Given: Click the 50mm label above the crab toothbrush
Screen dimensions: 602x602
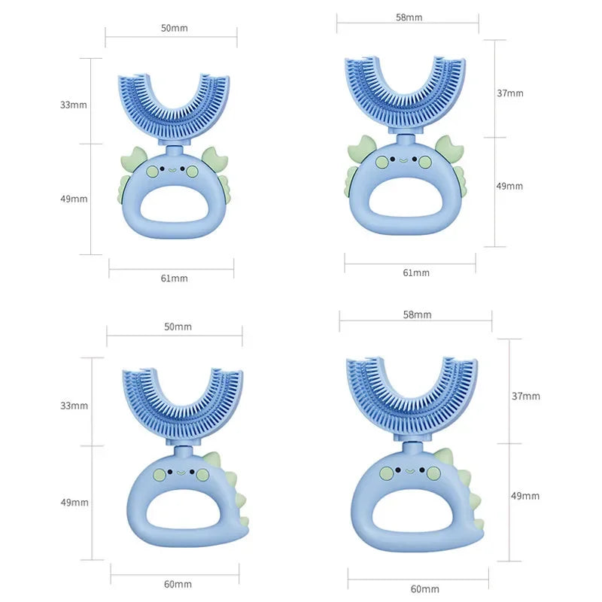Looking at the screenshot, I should [x=174, y=28].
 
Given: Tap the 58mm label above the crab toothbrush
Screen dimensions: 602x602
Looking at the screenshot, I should [x=409, y=17].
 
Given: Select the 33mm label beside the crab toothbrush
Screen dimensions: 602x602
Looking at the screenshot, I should [x=74, y=105].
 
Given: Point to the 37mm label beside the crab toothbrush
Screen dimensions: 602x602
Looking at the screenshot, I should [x=509, y=93].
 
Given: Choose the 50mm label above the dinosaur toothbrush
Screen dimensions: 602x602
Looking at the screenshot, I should [x=178, y=327].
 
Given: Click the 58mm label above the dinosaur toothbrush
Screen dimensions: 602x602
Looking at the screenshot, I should [x=417, y=315].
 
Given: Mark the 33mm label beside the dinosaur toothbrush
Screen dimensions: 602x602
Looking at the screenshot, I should [x=74, y=406].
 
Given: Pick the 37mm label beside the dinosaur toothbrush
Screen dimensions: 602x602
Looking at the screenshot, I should [x=525, y=395].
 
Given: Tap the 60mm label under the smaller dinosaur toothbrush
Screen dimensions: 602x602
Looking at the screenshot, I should [x=178, y=584].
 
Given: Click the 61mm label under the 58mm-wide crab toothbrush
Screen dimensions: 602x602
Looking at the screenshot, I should [x=416, y=272].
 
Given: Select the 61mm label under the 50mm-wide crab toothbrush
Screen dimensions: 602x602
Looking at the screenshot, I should [x=174, y=278].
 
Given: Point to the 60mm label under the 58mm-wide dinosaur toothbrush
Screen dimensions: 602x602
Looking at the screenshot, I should [x=425, y=588].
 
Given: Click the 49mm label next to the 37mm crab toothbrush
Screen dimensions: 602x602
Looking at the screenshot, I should [x=509, y=186].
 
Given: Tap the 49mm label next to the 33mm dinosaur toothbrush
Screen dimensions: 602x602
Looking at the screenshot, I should [x=74, y=502].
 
